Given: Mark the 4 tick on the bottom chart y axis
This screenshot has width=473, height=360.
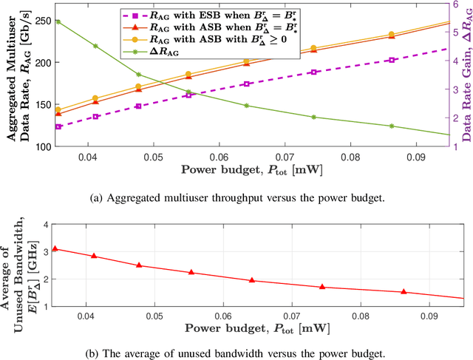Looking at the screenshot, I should [x=46, y=224].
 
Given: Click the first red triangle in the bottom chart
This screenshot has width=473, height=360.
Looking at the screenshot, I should [x=56, y=248].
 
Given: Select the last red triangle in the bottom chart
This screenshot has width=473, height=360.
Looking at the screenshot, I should [x=403, y=292].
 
